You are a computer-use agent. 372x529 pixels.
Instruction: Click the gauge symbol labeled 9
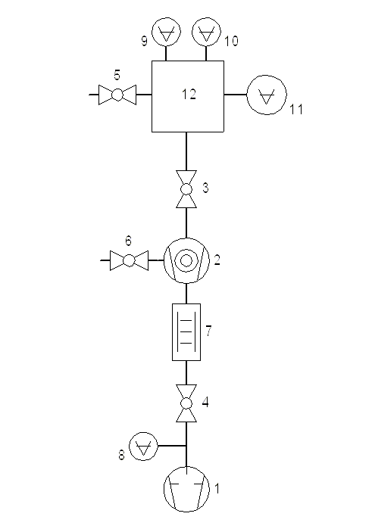(166, 32)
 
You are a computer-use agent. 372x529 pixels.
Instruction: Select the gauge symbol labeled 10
(206, 32)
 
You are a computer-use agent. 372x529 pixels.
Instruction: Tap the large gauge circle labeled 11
(267, 95)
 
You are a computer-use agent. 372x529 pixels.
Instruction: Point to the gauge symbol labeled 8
(144, 446)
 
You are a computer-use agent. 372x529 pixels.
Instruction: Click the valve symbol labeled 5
(117, 95)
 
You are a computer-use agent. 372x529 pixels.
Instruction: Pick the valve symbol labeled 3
(186, 189)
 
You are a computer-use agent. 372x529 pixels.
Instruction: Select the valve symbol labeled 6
(129, 260)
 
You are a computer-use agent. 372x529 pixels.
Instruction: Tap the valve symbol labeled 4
(186, 403)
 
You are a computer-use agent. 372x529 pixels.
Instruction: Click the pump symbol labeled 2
(186, 260)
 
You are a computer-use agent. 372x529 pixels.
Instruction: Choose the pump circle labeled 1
(186, 489)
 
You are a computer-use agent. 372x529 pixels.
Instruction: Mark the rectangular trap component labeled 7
(186, 332)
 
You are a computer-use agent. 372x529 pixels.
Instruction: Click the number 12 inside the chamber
(189, 94)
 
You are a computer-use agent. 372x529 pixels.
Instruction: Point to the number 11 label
(296, 110)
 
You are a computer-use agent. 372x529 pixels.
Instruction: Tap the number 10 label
(231, 41)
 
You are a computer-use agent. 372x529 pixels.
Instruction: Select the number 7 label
(208, 331)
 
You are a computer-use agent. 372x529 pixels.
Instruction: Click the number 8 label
(122, 455)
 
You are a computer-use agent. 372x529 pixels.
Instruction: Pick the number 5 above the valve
(117, 75)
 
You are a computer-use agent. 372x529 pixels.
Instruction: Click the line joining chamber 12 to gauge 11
(236, 95)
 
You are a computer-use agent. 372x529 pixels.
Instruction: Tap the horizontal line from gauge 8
(172, 446)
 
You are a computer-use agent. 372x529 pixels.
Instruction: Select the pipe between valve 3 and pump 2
(186, 223)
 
